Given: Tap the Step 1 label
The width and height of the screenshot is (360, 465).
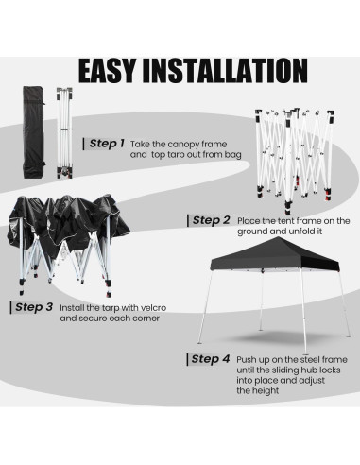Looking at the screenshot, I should click(105, 143).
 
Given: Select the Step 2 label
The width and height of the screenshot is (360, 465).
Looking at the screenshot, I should click(211, 219).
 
